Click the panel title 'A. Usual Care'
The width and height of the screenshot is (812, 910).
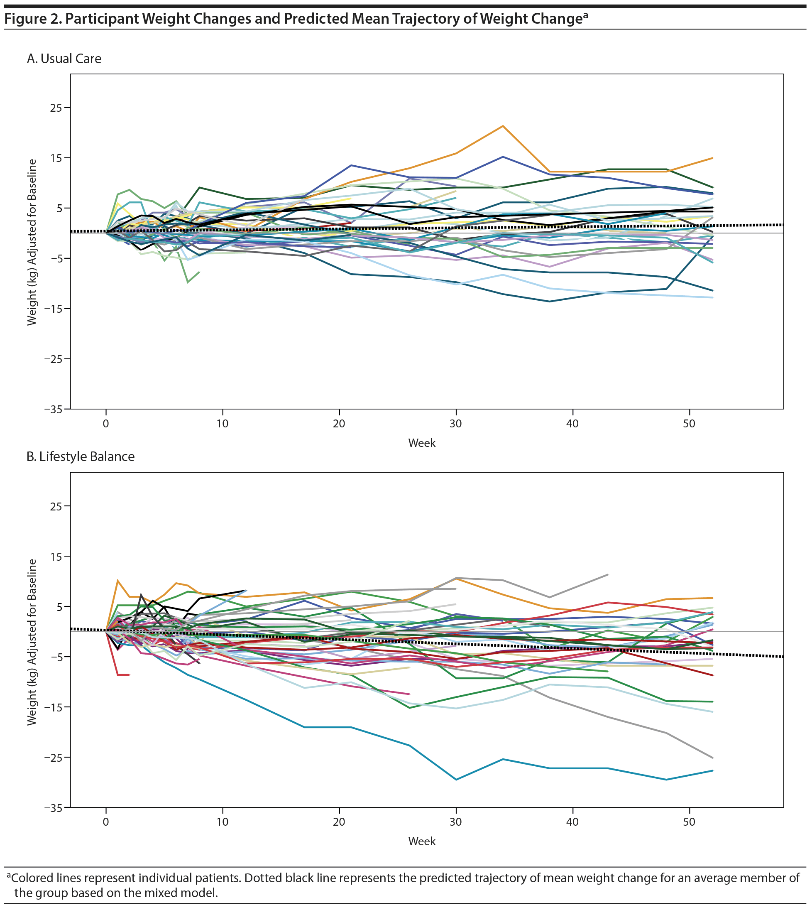coord(64,59)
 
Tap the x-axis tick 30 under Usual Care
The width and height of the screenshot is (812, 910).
coord(455,424)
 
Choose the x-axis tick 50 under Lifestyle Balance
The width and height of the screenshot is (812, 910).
coord(689,822)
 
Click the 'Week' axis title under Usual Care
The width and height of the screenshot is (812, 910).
coord(422,443)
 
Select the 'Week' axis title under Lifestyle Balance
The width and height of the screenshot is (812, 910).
coord(422,841)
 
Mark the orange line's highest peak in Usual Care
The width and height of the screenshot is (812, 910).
coord(503,126)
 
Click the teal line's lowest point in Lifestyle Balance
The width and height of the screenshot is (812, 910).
coord(456,780)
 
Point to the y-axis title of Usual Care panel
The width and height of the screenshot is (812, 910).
coord(31,242)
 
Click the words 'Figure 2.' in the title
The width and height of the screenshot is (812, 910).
coord(32,19)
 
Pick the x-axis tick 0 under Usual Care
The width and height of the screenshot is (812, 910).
coord(106,424)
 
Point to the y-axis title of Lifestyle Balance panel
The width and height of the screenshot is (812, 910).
coord(31,641)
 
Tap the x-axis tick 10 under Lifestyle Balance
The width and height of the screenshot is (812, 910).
coord(222,822)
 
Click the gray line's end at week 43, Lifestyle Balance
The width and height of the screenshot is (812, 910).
coord(608,575)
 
